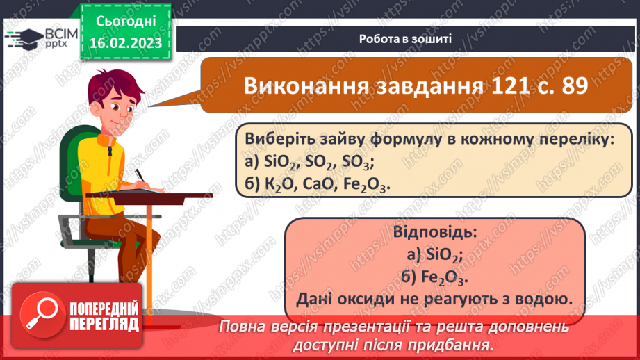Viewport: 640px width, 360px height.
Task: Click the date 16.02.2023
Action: pyautogui.click(x=125, y=44)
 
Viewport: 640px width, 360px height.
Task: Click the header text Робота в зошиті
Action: pyautogui.click(x=407, y=39)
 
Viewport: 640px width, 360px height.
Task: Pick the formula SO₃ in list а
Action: pyautogui.click(x=357, y=163)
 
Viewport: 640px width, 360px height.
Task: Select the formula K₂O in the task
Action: pyautogui.click(x=281, y=186)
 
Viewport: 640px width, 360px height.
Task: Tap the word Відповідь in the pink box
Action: pyautogui.click(x=435, y=231)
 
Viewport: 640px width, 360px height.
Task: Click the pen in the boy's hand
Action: pyautogui.click(x=140, y=176)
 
